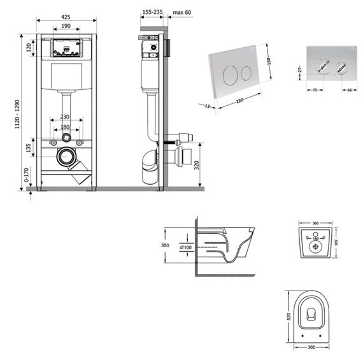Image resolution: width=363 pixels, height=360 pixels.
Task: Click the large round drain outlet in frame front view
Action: pos(66,155)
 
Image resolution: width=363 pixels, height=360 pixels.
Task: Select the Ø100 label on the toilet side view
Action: pos(186,247)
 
